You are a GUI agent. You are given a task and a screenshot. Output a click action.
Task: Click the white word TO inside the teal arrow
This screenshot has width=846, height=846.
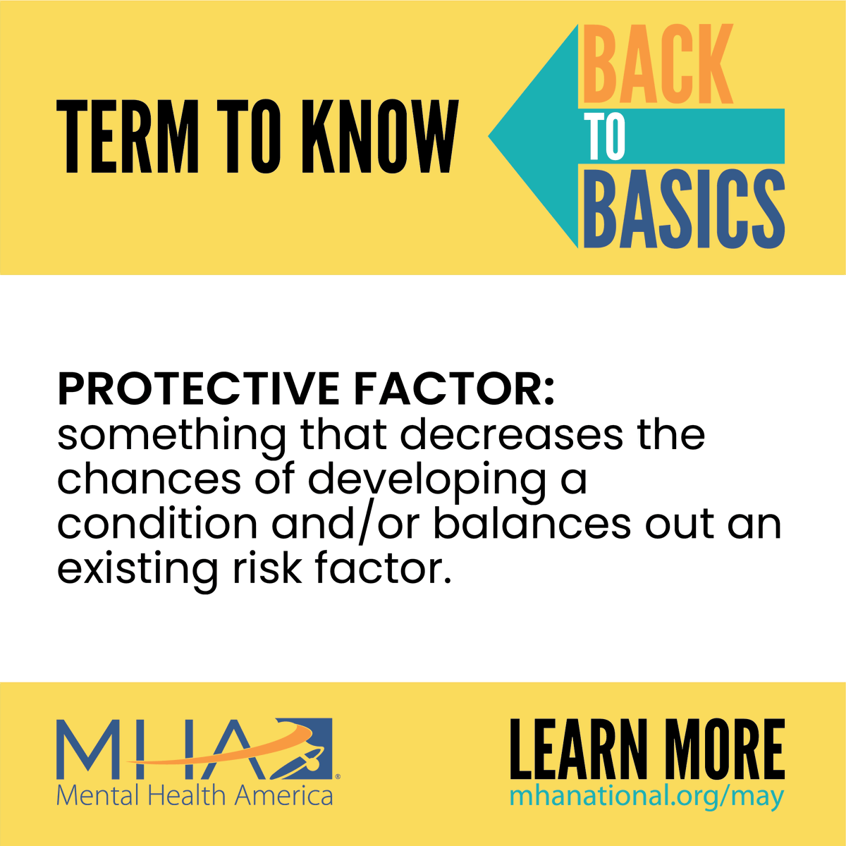[605, 137]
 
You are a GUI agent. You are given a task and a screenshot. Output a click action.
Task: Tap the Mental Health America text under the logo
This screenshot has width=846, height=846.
[195, 795]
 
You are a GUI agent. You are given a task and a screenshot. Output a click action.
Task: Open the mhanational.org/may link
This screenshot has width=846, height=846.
[646, 797]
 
